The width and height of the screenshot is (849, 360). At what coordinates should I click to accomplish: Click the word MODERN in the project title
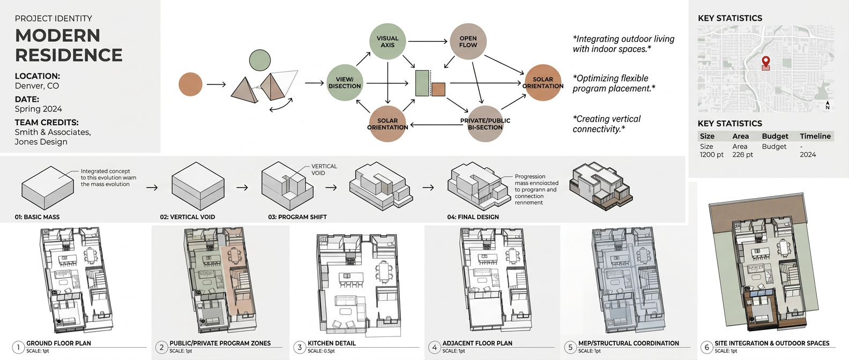[58, 35]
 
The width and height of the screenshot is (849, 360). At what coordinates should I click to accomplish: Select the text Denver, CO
[37, 86]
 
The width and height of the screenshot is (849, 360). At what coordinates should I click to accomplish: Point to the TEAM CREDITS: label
[47, 122]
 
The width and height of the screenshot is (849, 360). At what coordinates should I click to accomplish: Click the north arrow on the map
[828, 104]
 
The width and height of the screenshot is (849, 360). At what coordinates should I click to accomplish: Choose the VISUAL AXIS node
[387, 41]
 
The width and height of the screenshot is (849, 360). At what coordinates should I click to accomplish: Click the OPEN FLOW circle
[468, 41]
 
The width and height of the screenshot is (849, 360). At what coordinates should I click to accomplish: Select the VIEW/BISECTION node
[345, 82]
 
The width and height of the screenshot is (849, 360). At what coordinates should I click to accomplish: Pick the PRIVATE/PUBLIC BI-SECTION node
[485, 124]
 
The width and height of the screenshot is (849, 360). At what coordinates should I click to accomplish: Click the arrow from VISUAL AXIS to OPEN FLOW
[427, 41]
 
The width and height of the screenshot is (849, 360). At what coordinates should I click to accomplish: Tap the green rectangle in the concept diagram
[422, 82]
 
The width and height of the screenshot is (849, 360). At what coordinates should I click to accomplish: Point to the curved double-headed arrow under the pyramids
[281, 106]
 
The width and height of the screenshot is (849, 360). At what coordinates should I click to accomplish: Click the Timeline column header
[815, 136]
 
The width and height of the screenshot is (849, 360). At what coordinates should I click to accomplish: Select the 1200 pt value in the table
[711, 155]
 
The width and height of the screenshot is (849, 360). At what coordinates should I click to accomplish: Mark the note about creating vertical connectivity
[606, 124]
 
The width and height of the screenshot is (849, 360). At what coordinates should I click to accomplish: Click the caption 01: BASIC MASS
[37, 217]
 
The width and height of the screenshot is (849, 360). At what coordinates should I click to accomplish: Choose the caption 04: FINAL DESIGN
[473, 217]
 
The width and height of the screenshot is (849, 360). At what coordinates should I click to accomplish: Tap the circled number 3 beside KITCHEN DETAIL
[300, 347]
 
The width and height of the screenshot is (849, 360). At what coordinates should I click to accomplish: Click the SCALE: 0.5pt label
[321, 351]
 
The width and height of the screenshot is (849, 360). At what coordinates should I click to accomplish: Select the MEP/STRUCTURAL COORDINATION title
[628, 343]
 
